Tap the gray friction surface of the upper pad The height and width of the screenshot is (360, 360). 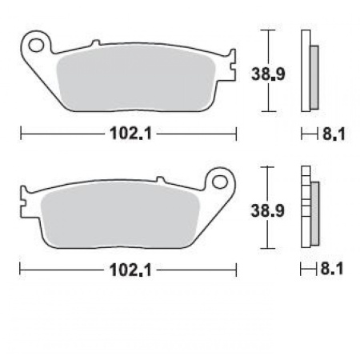(140, 74)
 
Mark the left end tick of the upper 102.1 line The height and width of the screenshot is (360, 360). (20, 133)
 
